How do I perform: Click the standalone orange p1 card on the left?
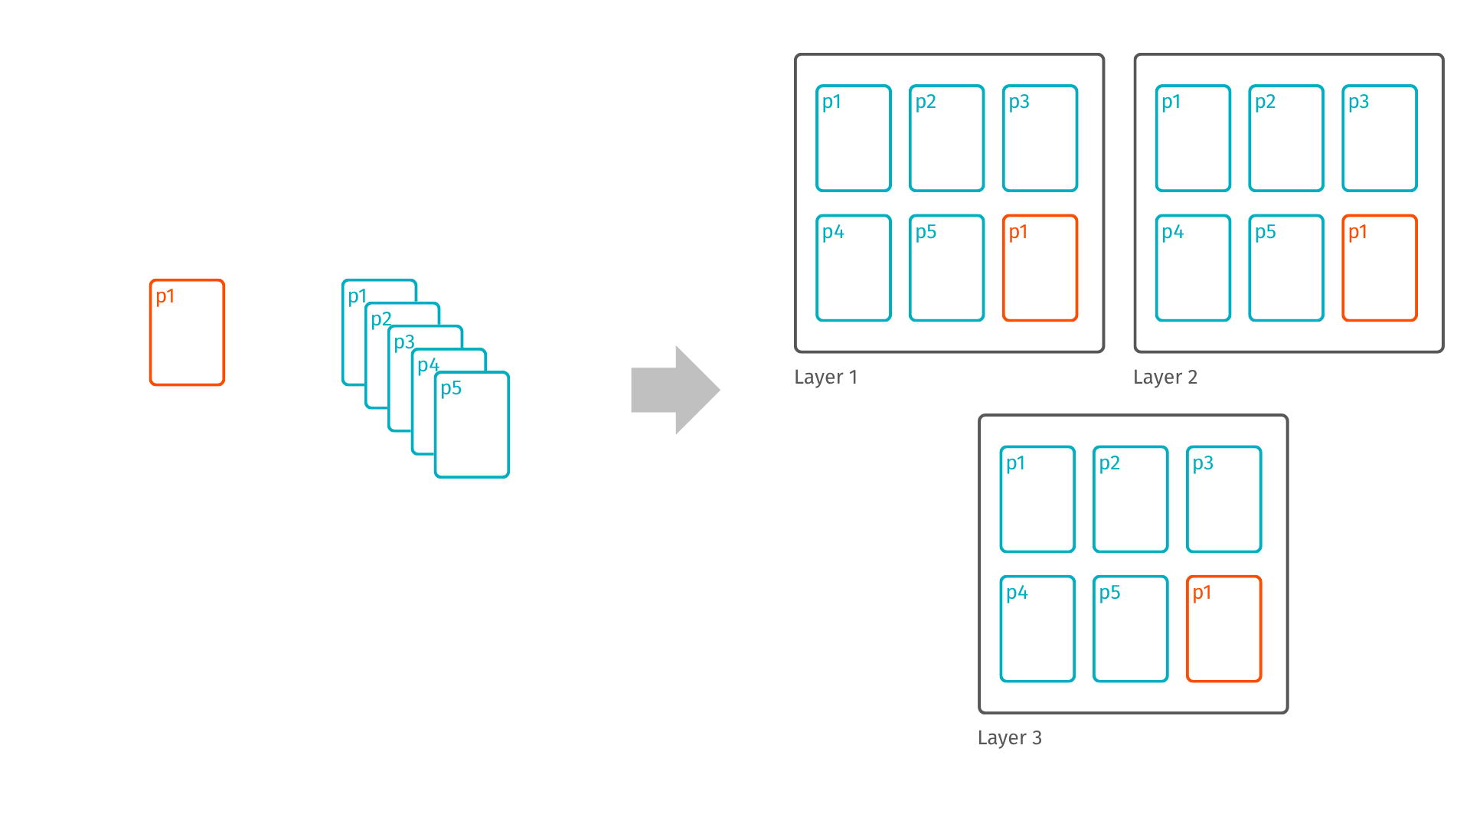pos(187,332)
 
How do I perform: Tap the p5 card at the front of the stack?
pos(472,425)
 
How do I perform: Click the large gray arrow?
pos(675,390)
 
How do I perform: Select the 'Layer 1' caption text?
pos(825,378)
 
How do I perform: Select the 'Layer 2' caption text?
pos(1165,378)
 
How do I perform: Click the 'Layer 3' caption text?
pos(1009,738)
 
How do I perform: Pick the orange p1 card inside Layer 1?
pos(1040,268)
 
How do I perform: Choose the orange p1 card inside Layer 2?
pos(1379,268)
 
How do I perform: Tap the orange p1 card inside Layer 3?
pos(1223,629)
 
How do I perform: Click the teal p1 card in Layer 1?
pos(853,138)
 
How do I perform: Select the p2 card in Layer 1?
pos(946,138)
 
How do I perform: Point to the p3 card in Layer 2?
pos(1379,138)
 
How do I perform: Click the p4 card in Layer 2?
pos(1193,268)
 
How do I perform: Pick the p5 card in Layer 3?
pos(1130,629)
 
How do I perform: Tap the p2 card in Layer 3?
pos(1130,499)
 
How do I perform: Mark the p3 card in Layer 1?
pos(1040,138)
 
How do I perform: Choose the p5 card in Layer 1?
pos(946,268)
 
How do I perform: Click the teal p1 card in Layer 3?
pos(1037,499)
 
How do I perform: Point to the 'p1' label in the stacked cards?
pos(358,296)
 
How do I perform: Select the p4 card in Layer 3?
pos(1037,629)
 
